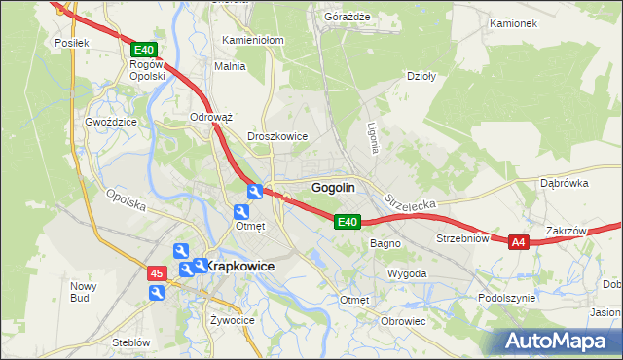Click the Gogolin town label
[x=332, y=188]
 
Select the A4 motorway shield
[x=518, y=242]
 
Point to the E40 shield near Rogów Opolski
[x=142, y=50]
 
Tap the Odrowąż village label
[x=211, y=117]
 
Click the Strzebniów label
[x=461, y=238]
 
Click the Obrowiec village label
[x=404, y=321]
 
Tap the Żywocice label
[x=232, y=319]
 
